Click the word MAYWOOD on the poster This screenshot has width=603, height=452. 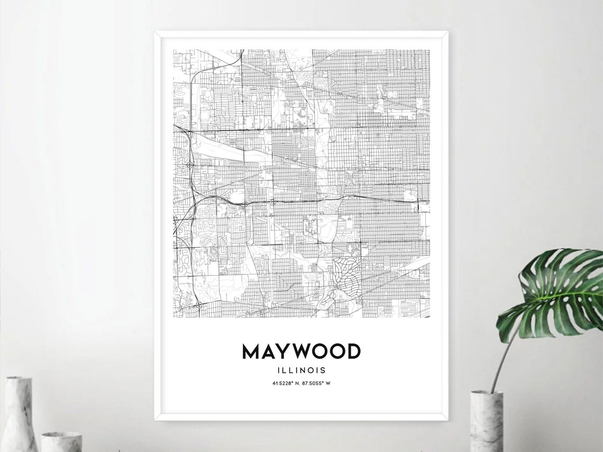(301, 351)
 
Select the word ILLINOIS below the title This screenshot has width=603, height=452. (301, 370)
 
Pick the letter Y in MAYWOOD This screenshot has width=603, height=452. (283, 351)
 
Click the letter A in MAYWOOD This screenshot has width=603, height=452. (268, 351)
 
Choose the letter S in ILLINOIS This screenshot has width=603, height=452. (323, 370)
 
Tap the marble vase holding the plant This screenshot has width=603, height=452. (486, 421)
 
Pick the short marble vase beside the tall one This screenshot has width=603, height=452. (61, 441)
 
